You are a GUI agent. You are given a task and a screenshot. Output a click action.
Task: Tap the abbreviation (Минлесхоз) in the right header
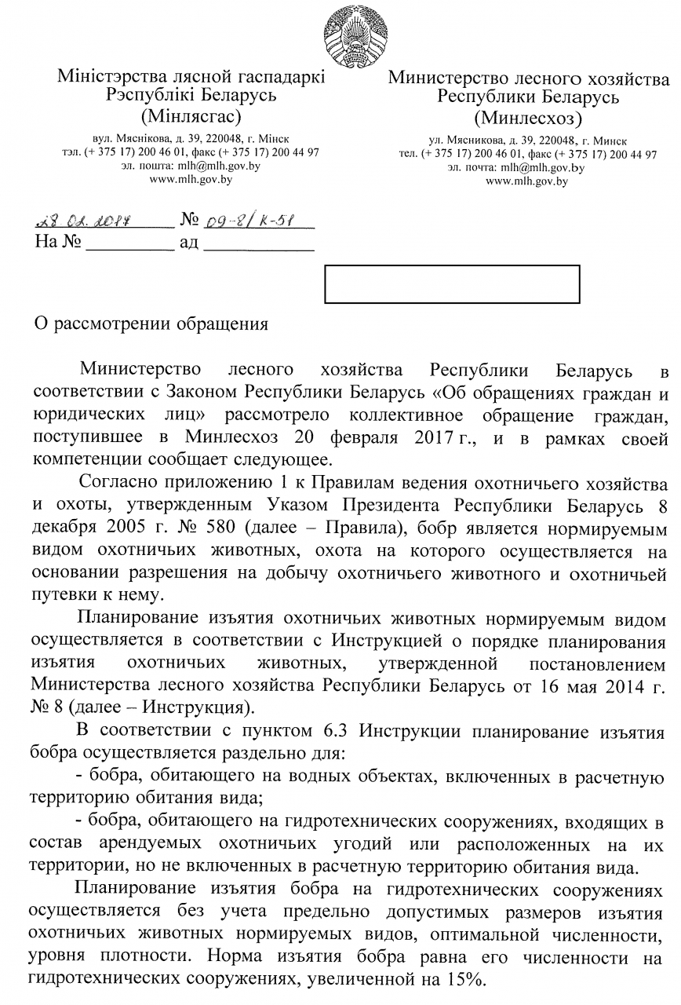point(528,119)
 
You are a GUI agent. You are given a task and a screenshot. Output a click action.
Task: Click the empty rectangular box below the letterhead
point(452,284)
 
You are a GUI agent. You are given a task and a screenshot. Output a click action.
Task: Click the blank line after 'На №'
point(129,246)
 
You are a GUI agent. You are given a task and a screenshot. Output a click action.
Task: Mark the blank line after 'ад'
point(258,246)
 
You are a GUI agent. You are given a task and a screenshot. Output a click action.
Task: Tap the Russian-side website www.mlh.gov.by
point(527,181)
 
